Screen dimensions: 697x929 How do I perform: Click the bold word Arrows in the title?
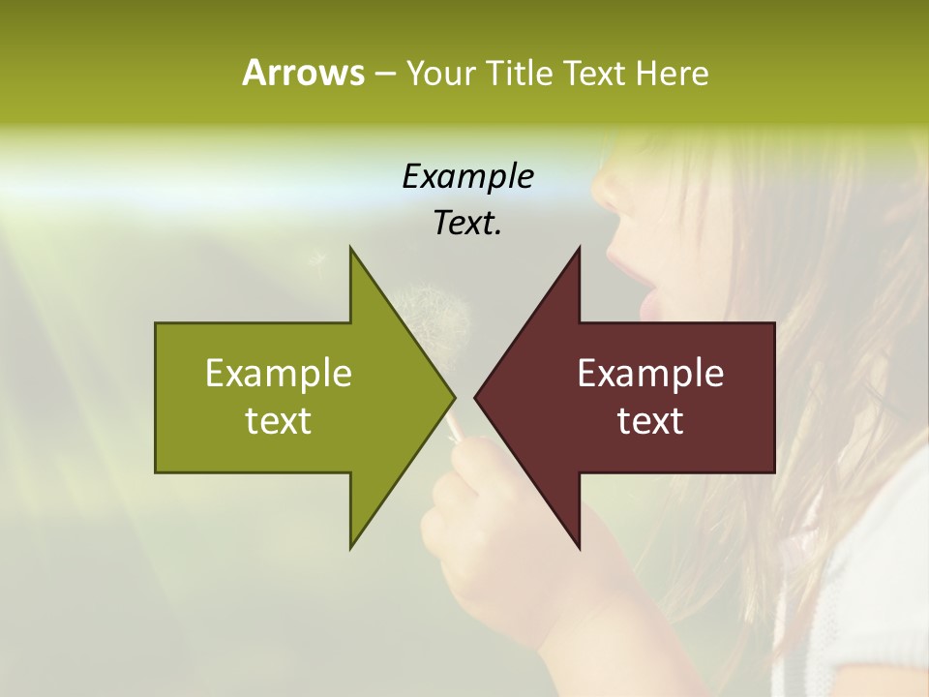pos(302,73)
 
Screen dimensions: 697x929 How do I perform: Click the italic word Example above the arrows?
pos(467,176)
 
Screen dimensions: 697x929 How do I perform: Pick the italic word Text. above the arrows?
pos(467,223)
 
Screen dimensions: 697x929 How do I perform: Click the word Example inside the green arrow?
pos(279,373)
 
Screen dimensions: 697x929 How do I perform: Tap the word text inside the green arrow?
pos(279,420)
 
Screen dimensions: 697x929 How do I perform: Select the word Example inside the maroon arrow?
pos(650,373)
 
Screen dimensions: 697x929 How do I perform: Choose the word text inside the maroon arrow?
pos(650,420)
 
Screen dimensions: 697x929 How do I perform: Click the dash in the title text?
pos(384,75)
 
